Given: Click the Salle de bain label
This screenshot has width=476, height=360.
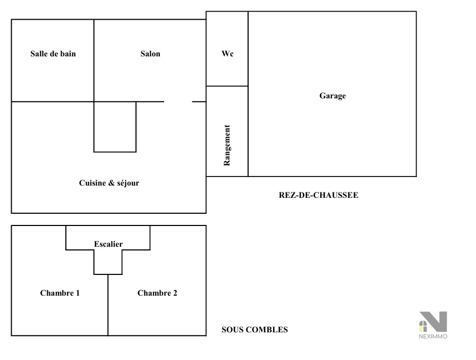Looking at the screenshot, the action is point(53,54).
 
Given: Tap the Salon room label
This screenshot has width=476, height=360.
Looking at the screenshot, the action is point(150,54).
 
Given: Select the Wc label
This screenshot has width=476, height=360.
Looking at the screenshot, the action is point(227,54).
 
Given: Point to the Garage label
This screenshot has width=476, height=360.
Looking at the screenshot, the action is point(333,96).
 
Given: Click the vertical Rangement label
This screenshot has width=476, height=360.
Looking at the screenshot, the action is point(227,145).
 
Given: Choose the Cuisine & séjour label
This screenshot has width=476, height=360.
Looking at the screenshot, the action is point(109,183).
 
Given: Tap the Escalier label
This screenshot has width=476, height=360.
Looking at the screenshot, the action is point(108,244).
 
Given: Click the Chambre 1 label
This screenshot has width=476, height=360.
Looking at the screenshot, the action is point(60,293).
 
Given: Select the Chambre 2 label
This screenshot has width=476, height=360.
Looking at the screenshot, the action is point(157,293).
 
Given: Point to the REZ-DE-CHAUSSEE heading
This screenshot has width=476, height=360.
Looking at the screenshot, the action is point(318,195).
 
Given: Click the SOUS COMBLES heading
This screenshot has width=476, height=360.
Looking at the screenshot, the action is point(254,330).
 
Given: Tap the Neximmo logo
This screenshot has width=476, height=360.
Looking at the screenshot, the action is point(433,322).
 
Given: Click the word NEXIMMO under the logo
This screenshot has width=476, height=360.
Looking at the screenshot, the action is point(433,336).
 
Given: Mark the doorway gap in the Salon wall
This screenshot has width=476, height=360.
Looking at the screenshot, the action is point(178,102).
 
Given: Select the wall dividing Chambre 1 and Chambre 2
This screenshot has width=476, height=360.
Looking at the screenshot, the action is point(108,305).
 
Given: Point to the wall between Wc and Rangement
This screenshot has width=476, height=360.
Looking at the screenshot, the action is point(227,86).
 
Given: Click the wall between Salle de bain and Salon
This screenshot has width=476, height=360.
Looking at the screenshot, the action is point(94,61).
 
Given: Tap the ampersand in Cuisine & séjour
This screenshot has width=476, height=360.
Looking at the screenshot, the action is point(112,183).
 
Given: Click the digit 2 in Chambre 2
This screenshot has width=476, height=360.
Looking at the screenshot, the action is point(175,293).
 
